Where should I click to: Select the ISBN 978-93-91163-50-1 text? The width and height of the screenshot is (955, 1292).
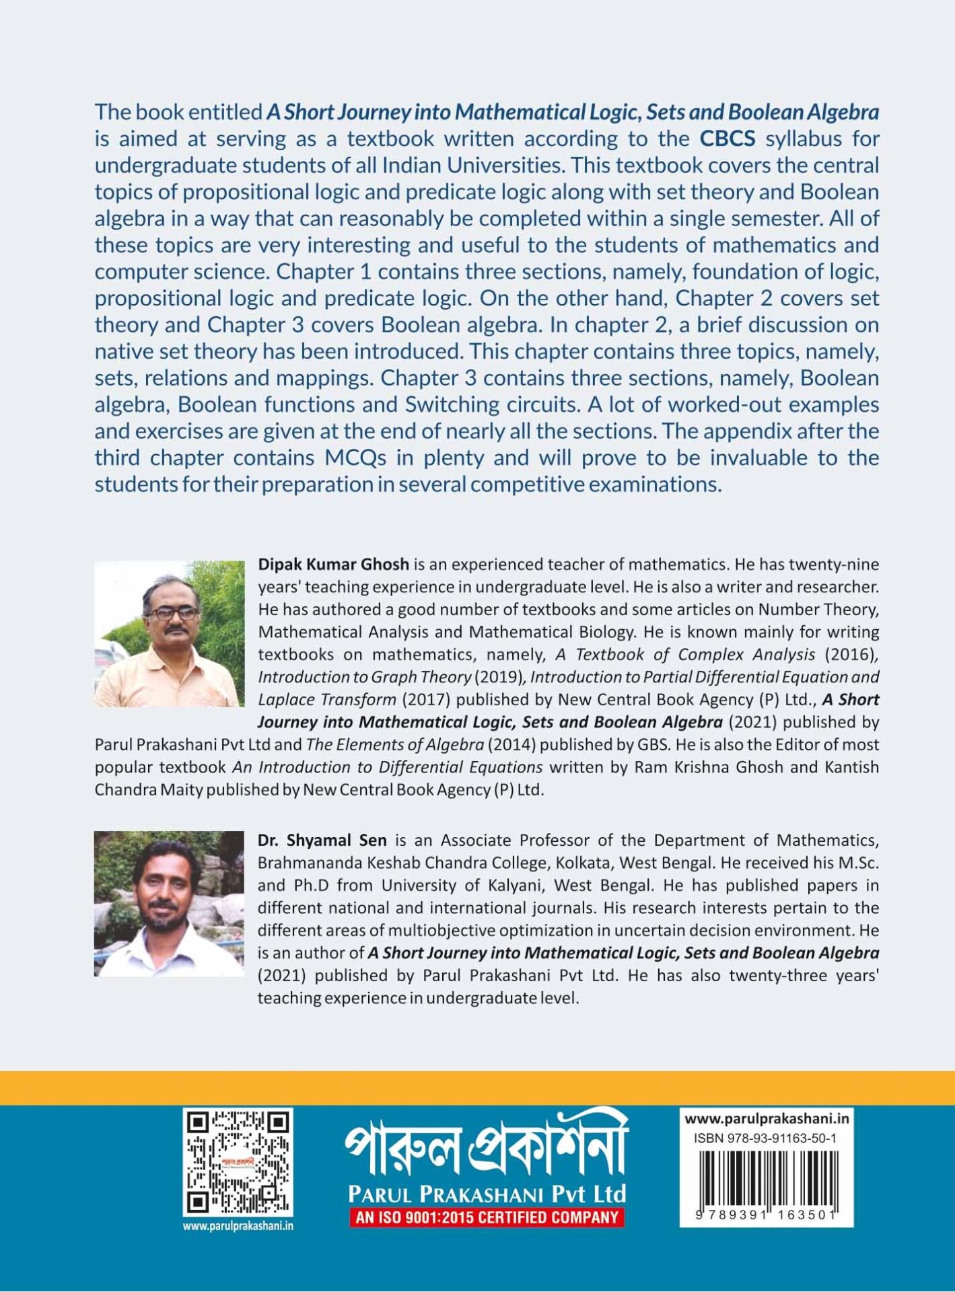765,1139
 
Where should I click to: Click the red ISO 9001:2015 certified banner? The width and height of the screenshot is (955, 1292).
487,1217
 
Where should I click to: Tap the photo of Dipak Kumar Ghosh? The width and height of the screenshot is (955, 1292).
169,634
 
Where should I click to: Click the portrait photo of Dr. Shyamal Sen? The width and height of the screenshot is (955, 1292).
169,903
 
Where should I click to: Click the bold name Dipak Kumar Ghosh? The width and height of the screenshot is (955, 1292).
333,564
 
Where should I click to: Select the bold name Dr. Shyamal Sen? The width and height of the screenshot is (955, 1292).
322,840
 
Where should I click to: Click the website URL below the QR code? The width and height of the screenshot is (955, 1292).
238,1226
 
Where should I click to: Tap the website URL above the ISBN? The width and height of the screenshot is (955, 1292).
767,1119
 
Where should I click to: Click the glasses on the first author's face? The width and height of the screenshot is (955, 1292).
173,614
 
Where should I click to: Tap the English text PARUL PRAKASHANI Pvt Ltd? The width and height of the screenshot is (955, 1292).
487,1194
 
